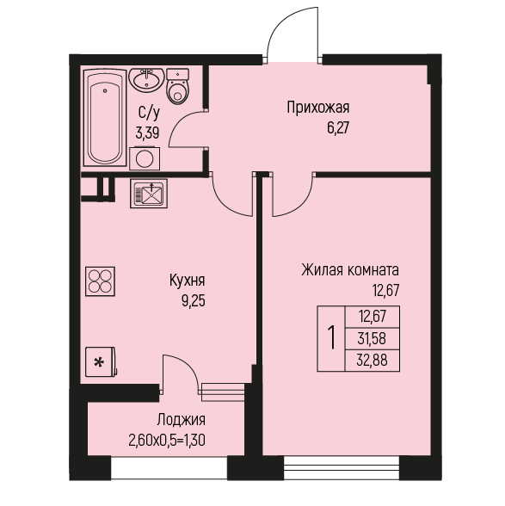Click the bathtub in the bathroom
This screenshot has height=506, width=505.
105,117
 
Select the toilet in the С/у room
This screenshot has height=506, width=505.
177,86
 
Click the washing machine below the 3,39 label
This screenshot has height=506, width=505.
145,158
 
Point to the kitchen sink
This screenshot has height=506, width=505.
149,194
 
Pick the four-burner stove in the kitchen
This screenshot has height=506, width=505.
101,281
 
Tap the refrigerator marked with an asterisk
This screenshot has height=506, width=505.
101,362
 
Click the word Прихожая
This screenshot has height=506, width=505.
318,108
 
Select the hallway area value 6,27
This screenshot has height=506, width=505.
338,128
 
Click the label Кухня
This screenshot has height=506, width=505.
188,281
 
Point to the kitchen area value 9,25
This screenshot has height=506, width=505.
194,301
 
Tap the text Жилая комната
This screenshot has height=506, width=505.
350,270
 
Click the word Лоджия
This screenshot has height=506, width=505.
182,420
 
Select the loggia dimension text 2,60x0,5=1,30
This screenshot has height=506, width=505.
167,441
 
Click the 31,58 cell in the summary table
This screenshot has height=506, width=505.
372,339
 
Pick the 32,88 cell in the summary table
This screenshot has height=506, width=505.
372,360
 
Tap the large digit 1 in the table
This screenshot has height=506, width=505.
331,338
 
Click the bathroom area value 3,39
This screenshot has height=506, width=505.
147,133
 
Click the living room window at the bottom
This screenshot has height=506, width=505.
342,467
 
